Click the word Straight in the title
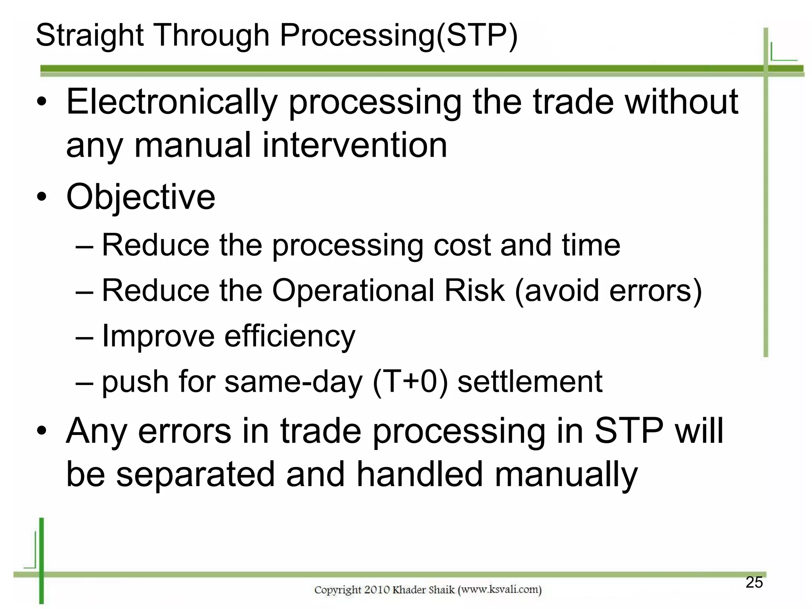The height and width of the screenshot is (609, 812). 90,36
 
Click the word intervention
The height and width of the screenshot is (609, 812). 354,145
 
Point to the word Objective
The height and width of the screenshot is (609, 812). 141,197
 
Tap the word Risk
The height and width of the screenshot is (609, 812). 474,291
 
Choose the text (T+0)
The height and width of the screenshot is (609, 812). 410,382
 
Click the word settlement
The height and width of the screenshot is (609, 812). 530,382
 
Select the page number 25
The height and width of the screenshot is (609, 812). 754,582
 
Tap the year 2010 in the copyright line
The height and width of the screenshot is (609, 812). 377,590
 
